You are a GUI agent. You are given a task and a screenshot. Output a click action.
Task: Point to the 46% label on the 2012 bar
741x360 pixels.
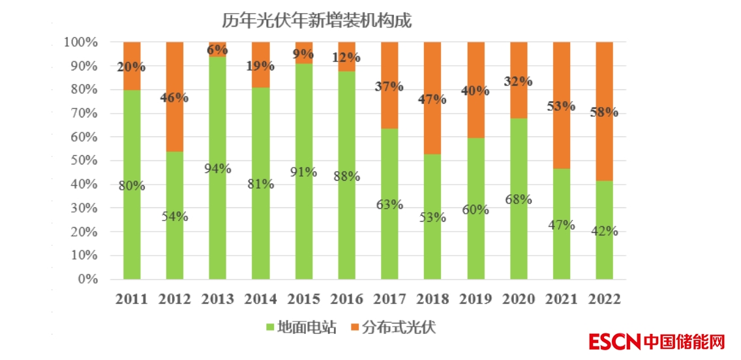pyautogui.click(x=175, y=98)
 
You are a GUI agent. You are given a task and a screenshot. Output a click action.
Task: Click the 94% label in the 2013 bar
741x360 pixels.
pyautogui.click(x=217, y=168)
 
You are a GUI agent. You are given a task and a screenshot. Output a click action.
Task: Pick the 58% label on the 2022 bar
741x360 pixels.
pyautogui.click(x=605, y=112)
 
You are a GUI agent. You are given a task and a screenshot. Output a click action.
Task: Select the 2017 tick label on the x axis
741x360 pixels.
pyautogui.click(x=389, y=299)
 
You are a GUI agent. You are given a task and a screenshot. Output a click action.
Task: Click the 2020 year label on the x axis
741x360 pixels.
pyautogui.click(x=519, y=299)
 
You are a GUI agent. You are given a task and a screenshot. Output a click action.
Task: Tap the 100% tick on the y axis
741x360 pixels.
pyautogui.click(x=81, y=42)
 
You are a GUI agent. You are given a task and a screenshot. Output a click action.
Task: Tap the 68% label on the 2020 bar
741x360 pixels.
pyautogui.click(x=519, y=199)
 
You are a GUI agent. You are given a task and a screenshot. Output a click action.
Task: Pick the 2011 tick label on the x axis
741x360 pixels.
pyautogui.click(x=132, y=299)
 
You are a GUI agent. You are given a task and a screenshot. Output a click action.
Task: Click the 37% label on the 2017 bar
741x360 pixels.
pyautogui.click(x=389, y=87)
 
